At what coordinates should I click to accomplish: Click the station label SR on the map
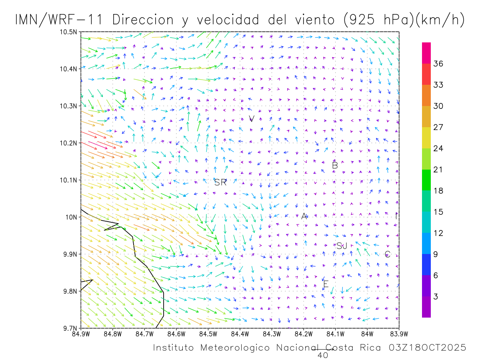point(220,183)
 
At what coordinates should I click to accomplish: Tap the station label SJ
point(342,246)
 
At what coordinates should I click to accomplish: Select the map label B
point(335,165)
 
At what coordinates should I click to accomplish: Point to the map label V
point(252,119)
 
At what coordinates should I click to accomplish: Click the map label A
point(304,216)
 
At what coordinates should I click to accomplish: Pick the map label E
point(326,284)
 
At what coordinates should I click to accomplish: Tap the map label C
point(387,254)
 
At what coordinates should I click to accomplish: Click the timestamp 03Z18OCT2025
point(427,348)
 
